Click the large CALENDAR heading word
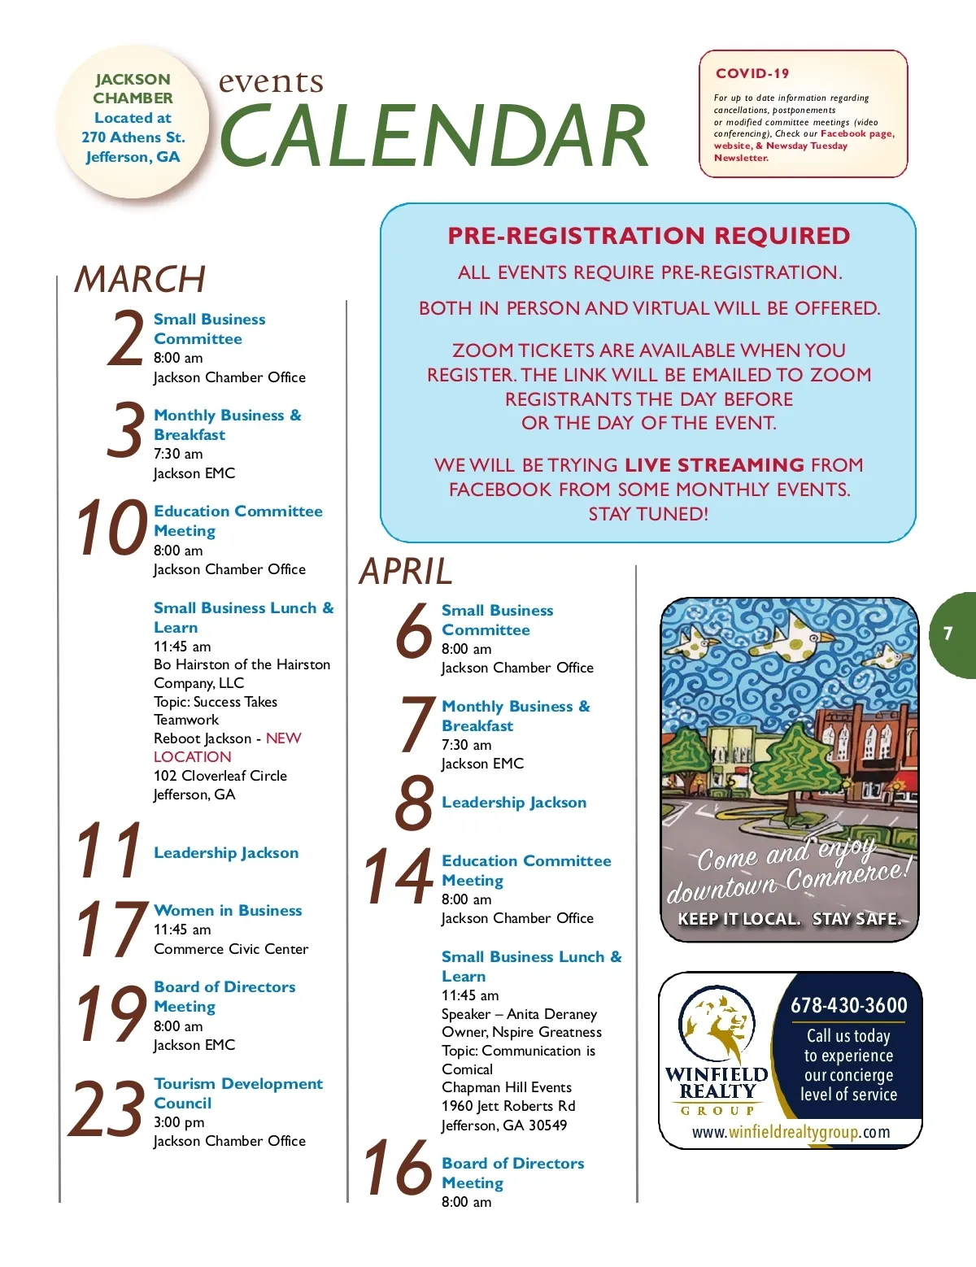pyautogui.click(x=434, y=136)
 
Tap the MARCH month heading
pyautogui.click(x=140, y=279)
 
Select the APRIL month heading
pyautogui.click(x=405, y=571)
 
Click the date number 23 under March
pyautogui.click(x=106, y=1110)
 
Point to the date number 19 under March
pyautogui.click(x=111, y=1014)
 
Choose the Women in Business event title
pyautogui.click(x=228, y=910)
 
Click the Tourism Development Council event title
pyautogui.click(x=237, y=1093)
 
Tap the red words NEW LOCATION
pyautogui.click(x=227, y=747)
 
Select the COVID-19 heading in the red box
pyautogui.click(x=752, y=73)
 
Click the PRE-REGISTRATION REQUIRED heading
pyautogui.click(x=648, y=236)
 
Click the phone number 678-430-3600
pyautogui.click(x=848, y=1005)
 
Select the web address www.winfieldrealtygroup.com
pyautogui.click(x=791, y=1132)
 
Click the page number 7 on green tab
pyautogui.click(x=948, y=633)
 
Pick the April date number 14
pyautogui.click(x=398, y=877)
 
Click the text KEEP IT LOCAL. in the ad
pyautogui.click(x=739, y=919)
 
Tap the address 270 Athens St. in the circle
pyautogui.click(x=133, y=137)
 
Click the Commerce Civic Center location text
pyautogui.click(x=231, y=949)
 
